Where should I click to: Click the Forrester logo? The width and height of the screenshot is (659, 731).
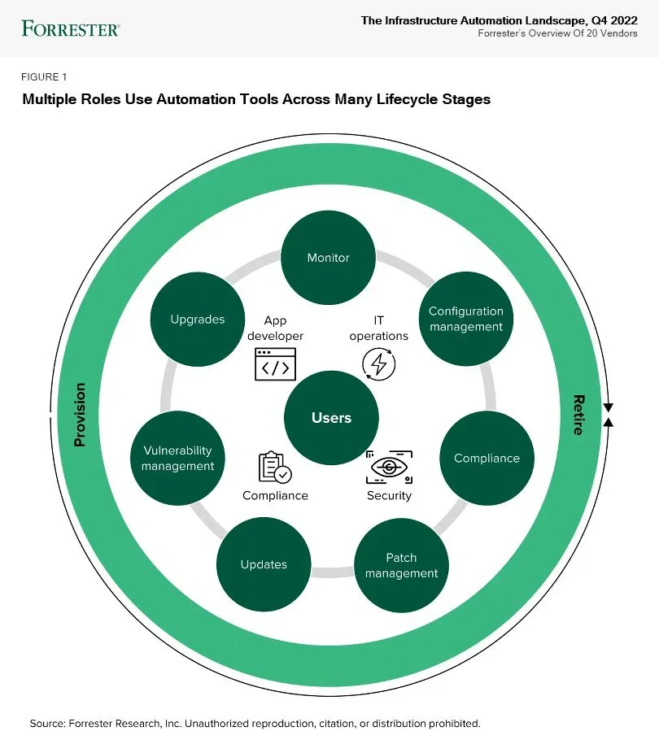point(71,28)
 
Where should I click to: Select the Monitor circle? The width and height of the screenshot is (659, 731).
point(328,258)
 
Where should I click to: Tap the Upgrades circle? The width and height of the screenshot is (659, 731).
point(198,319)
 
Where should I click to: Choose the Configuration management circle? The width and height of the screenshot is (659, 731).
point(466,319)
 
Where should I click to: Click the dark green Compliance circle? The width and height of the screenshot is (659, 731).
point(487,458)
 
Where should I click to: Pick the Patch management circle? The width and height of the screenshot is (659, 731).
point(401,565)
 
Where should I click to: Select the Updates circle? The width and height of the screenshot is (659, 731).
point(264,564)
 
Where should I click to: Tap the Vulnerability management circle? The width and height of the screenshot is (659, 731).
point(177,458)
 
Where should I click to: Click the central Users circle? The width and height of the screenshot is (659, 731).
point(331,418)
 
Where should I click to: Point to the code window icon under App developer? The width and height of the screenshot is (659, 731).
point(275,364)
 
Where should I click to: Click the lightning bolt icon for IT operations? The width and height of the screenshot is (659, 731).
point(378,364)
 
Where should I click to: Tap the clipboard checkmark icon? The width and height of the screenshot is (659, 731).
point(274,468)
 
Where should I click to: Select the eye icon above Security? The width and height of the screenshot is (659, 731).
point(389,467)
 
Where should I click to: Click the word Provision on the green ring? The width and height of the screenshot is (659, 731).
point(80,415)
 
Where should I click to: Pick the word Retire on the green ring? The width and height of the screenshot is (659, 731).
point(578,415)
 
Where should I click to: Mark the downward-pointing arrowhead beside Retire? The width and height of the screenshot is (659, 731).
point(608,407)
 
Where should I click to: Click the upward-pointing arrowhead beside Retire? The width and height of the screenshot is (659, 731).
point(608,421)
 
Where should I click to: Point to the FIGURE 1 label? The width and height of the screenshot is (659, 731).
point(44,77)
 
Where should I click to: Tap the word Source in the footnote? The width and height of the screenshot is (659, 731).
point(46,722)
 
